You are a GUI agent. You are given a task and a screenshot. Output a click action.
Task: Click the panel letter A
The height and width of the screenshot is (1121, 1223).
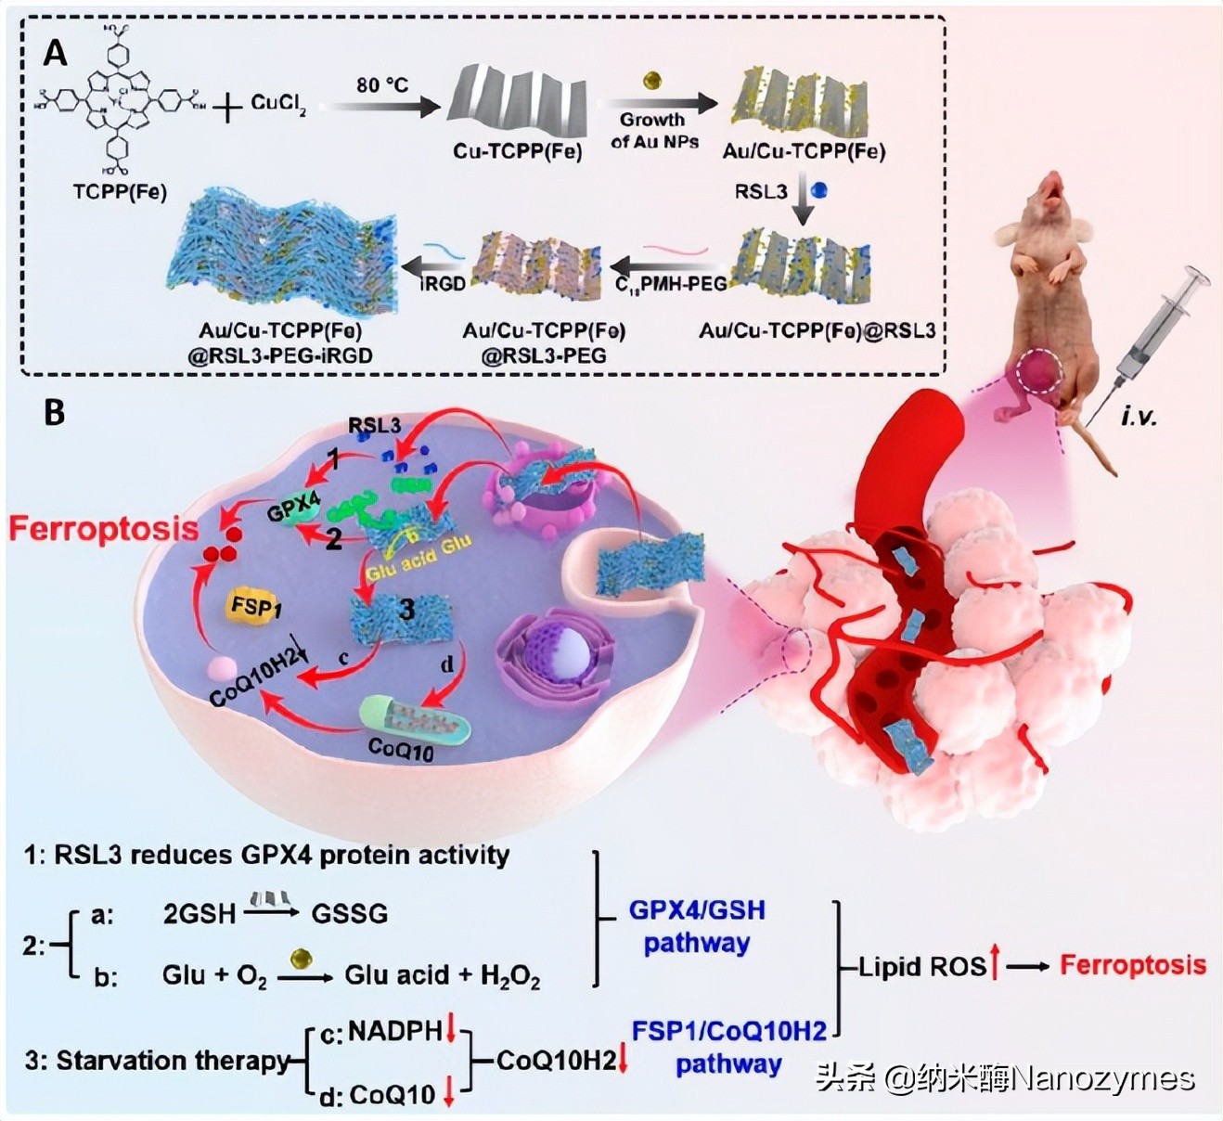point(55,53)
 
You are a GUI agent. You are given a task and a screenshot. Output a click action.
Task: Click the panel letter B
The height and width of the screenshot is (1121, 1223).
point(55,411)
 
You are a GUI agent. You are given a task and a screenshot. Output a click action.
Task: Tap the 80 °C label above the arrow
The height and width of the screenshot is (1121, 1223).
point(381,85)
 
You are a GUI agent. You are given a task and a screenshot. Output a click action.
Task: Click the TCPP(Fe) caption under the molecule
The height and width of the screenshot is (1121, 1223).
point(120,193)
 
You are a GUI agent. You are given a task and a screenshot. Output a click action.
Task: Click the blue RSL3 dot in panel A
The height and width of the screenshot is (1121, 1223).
point(817,191)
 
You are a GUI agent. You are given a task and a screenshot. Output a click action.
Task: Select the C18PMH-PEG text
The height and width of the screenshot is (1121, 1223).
point(670,284)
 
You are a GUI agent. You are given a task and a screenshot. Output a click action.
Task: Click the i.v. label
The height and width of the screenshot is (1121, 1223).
point(1138,417)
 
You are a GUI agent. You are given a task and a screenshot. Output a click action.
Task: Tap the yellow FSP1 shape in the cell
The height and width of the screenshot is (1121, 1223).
point(256,609)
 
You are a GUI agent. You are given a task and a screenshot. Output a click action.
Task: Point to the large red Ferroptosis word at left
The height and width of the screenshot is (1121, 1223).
point(103,529)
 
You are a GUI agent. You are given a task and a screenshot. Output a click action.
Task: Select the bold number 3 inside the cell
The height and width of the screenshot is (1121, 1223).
point(406,610)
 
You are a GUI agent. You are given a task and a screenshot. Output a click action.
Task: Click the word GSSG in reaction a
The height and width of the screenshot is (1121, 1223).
point(349,913)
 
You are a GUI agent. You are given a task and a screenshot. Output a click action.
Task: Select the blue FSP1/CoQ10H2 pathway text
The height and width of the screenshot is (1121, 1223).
point(728,1048)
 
